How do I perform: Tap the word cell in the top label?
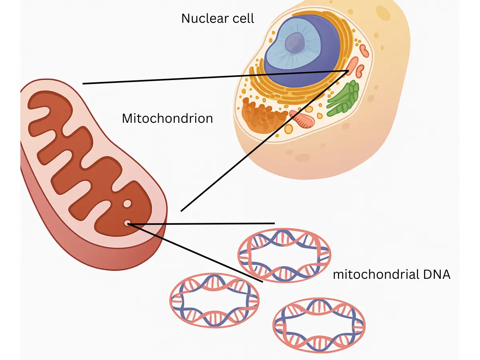point(243,18)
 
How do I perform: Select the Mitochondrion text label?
point(167,118)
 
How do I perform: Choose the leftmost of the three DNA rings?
point(214,300)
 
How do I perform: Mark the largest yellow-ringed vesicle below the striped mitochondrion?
point(288,129)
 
